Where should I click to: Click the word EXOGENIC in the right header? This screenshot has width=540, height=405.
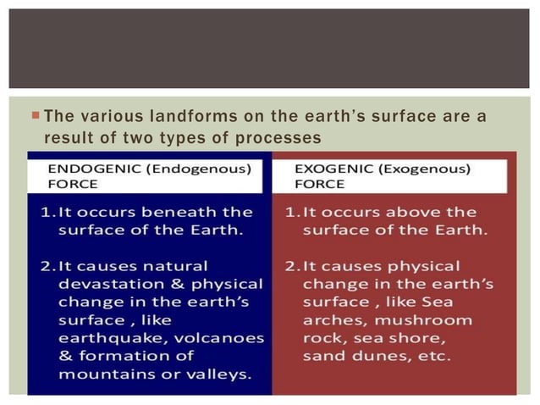coord(327,168)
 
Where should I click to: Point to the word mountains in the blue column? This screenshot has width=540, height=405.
coord(105,374)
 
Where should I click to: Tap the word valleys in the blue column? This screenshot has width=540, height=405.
coord(223,374)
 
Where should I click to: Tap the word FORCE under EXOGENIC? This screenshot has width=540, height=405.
coord(320,183)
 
